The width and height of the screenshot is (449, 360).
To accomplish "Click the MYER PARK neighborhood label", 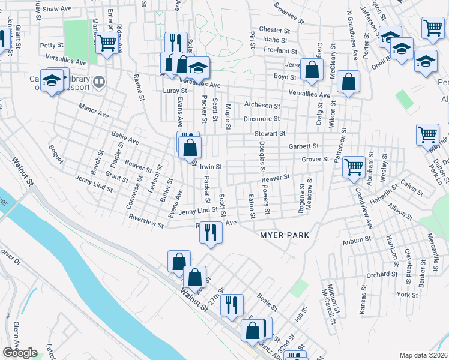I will click(x=285, y=235).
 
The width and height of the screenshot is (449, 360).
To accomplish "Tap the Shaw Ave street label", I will click(x=57, y=10).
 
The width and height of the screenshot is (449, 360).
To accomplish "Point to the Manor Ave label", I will click(x=94, y=110).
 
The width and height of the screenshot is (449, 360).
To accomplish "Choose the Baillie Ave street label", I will click(x=125, y=140).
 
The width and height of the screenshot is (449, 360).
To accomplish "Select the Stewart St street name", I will click(x=268, y=133).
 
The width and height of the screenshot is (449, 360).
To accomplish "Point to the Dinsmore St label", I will click(x=262, y=119).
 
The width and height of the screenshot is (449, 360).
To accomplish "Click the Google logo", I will click(x=20, y=353).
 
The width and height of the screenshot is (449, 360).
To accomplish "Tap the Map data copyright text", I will click(x=424, y=355).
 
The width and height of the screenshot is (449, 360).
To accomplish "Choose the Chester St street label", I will click(x=274, y=30).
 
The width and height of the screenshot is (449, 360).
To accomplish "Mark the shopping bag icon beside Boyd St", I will click(x=312, y=70).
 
